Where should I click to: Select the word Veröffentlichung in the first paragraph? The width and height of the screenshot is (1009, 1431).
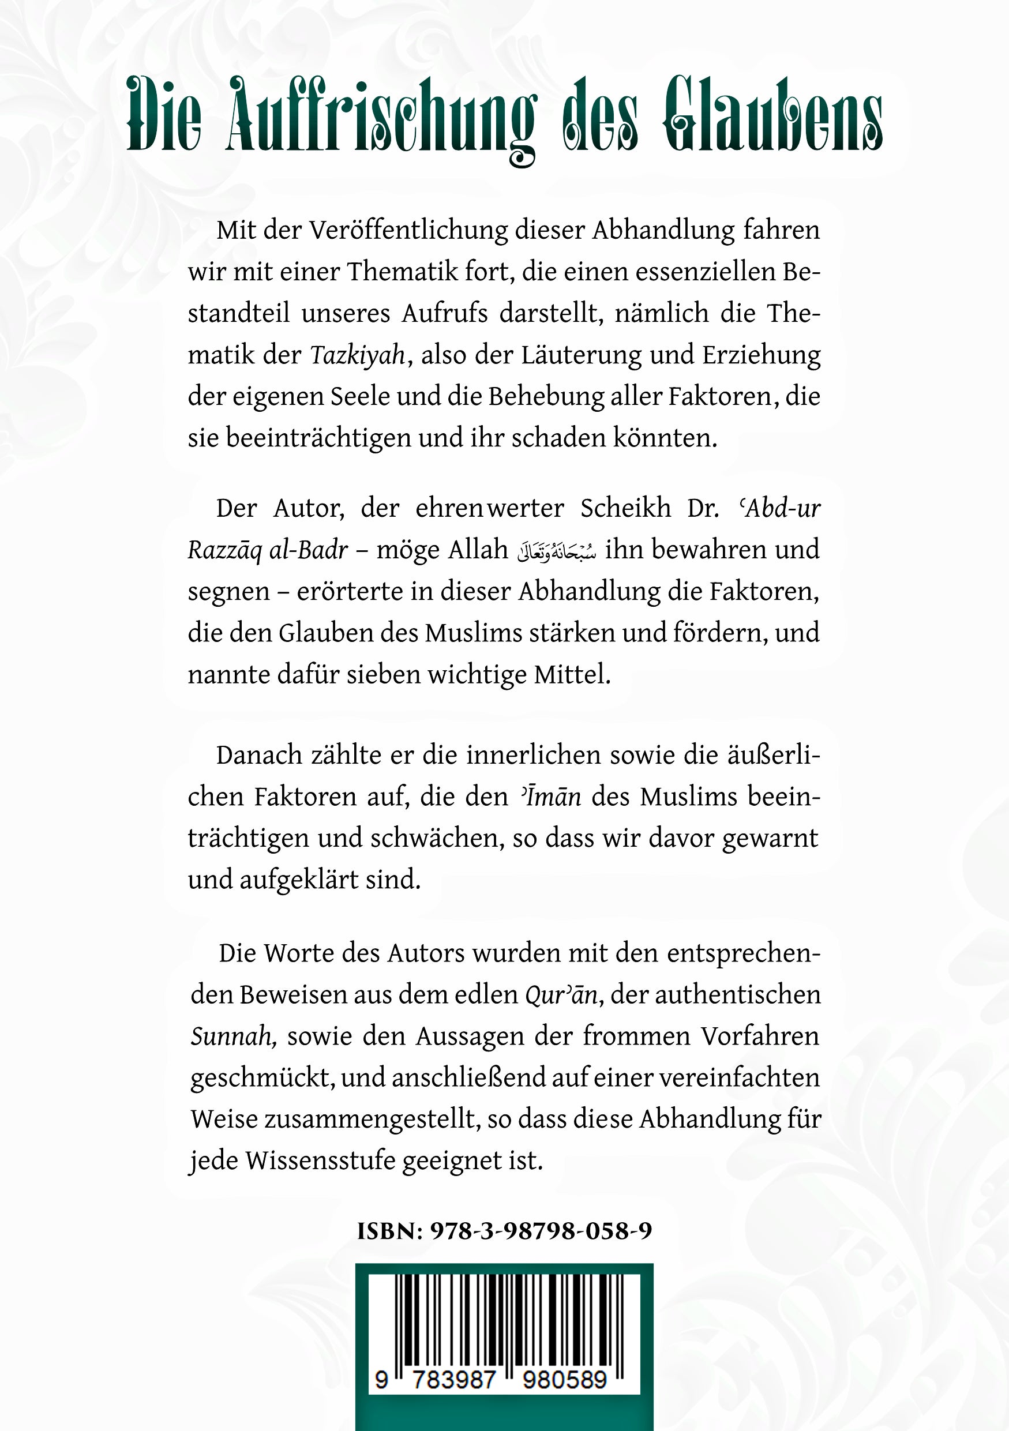[408, 231]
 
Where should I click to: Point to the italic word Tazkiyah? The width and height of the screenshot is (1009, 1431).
[358, 355]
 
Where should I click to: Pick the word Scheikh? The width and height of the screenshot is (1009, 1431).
[625, 509]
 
